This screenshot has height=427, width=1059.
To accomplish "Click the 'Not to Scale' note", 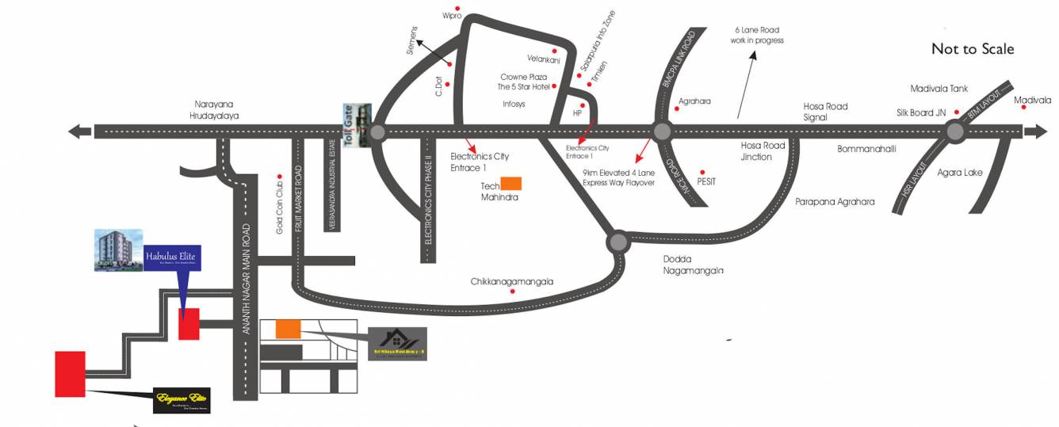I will click(972, 49).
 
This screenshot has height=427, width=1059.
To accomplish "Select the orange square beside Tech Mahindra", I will click(511, 184).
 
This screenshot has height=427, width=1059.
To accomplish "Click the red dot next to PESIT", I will click(701, 172).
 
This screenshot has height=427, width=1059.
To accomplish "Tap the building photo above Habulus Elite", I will click(119, 250).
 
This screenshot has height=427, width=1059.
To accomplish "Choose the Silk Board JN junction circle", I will click(954, 132).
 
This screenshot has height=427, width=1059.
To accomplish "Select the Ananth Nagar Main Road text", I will click(247, 279).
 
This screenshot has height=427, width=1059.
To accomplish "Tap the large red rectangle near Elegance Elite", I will click(70, 374).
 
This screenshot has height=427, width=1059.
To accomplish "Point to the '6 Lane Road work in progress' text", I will click(758, 35).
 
